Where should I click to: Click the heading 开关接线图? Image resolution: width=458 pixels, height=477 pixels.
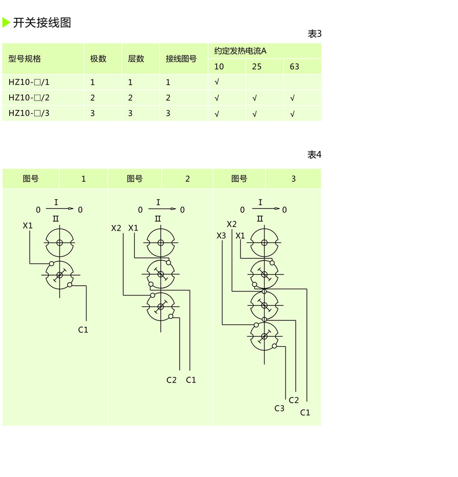pyautogui.click(x=42, y=22)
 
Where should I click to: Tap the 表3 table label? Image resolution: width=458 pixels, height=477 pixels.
pyautogui.click(x=314, y=34)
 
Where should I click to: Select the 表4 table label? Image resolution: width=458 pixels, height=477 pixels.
pyautogui.click(x=314, y=155)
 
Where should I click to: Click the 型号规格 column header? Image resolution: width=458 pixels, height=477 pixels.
pyautogui.click(x=24, y=58)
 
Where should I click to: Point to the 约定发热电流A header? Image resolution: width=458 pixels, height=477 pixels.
pyautogui.click(x=240, y=51)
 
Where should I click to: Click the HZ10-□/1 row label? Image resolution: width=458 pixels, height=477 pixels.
pyautogui.click(x=29, y=82)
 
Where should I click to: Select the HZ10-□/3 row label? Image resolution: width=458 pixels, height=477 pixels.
pyautogui.click(x=29, y=113)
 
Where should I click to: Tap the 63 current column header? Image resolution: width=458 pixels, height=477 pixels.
pyautogui.click(x=295, y=67)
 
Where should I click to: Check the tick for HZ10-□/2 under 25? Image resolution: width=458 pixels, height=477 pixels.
pyautogui.click(x=254, y=98)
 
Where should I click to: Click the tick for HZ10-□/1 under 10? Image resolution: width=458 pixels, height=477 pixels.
pyautogui.click(x=217, y=82)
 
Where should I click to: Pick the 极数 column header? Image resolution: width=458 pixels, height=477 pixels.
pyautogui.click(x=98, y=58)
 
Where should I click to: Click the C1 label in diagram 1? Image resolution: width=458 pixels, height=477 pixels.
pyautogui.click(x=83, y=330)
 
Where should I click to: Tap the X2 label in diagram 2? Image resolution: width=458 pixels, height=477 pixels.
pyautogui.click(x=117, y=228)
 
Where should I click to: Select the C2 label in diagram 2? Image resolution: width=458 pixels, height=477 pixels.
pyautogui.click(x=171, y=380)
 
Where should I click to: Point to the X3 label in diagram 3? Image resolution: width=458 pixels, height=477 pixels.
pyautogui.click(x=221, y=236)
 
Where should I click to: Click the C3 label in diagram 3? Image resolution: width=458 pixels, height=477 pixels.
pyautogui.click(x=279, y=408)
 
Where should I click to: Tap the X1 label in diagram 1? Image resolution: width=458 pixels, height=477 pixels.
pyautogui.click(x=27, y=225)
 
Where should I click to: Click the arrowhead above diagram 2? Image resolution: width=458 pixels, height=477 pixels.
pyautogui.click(x=174, y=208)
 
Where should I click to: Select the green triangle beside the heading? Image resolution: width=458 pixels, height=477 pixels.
pyautogui.click(x=6, y=22)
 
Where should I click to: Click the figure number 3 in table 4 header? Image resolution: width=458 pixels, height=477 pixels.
pyautogui.click(x=293, y=179)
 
